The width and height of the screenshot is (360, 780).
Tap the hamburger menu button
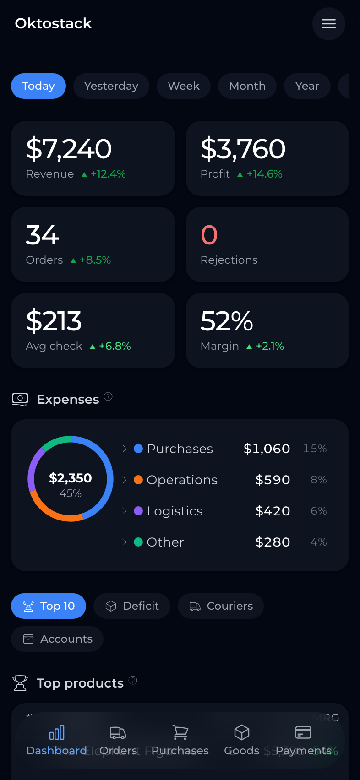click(328, 24)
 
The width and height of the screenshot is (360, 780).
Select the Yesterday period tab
click(111, 86)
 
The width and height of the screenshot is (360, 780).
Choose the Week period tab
click(184, 86)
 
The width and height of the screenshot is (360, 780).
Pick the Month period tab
click(247, 86)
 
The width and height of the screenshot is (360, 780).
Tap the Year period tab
click(307, 86)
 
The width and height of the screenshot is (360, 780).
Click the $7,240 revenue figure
click(69, 149)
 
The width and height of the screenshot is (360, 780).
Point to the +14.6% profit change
click(264, 174)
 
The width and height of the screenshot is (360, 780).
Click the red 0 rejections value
click(209, 235)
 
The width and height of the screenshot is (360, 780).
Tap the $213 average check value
click(54, 321)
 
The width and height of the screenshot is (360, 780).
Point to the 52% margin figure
click(227, 321)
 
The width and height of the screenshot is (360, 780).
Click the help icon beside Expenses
click(108, 396)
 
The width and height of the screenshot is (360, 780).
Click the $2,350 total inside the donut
click(71, 478)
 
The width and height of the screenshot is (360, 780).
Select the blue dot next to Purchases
click(138, 449)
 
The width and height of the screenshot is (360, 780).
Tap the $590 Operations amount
click(273, 480)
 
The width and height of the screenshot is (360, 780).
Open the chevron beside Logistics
click(124, 511)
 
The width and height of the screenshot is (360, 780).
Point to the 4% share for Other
click(318, 542)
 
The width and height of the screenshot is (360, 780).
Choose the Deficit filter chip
click(132, 606)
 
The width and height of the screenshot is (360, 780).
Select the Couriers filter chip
click(221, 606)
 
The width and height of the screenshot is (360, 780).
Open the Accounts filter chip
click(57, 639)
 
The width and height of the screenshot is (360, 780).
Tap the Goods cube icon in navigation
click(242, 732)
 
